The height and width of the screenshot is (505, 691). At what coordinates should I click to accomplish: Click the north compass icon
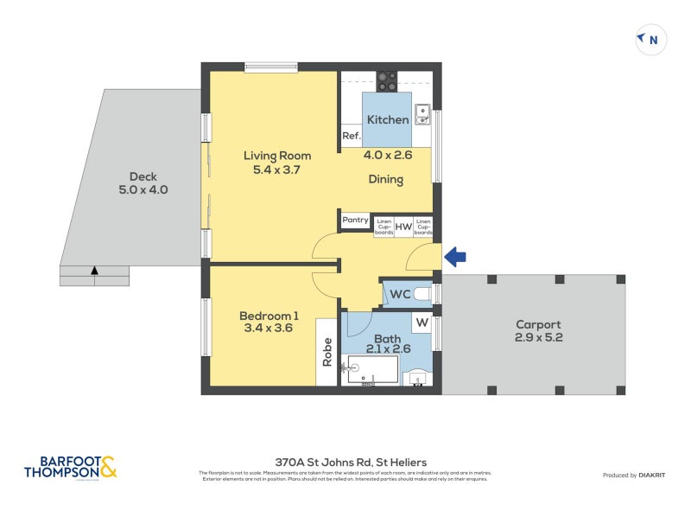point(650,39)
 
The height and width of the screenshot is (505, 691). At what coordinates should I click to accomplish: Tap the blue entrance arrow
point(455,256)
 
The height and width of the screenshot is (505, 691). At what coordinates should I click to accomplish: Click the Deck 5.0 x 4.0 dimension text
point(143,190)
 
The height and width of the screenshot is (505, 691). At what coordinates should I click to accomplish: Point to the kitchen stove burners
point(386,80)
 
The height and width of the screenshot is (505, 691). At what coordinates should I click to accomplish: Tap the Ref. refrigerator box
point(351,136)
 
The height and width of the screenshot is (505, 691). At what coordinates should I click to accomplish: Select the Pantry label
point(355,221)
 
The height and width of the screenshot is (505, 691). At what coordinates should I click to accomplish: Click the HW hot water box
point(404,227)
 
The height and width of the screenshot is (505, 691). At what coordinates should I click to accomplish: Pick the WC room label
point(399,295)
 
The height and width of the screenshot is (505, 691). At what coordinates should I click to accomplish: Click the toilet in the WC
point(422,295)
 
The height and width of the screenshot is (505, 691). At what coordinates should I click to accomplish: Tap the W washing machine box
point(422,323)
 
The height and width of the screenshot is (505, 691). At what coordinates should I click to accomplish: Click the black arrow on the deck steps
point(94,271)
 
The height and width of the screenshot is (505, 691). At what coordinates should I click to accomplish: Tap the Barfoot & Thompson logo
point(70,468)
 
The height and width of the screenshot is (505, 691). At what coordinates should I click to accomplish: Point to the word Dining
point(385,180)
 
